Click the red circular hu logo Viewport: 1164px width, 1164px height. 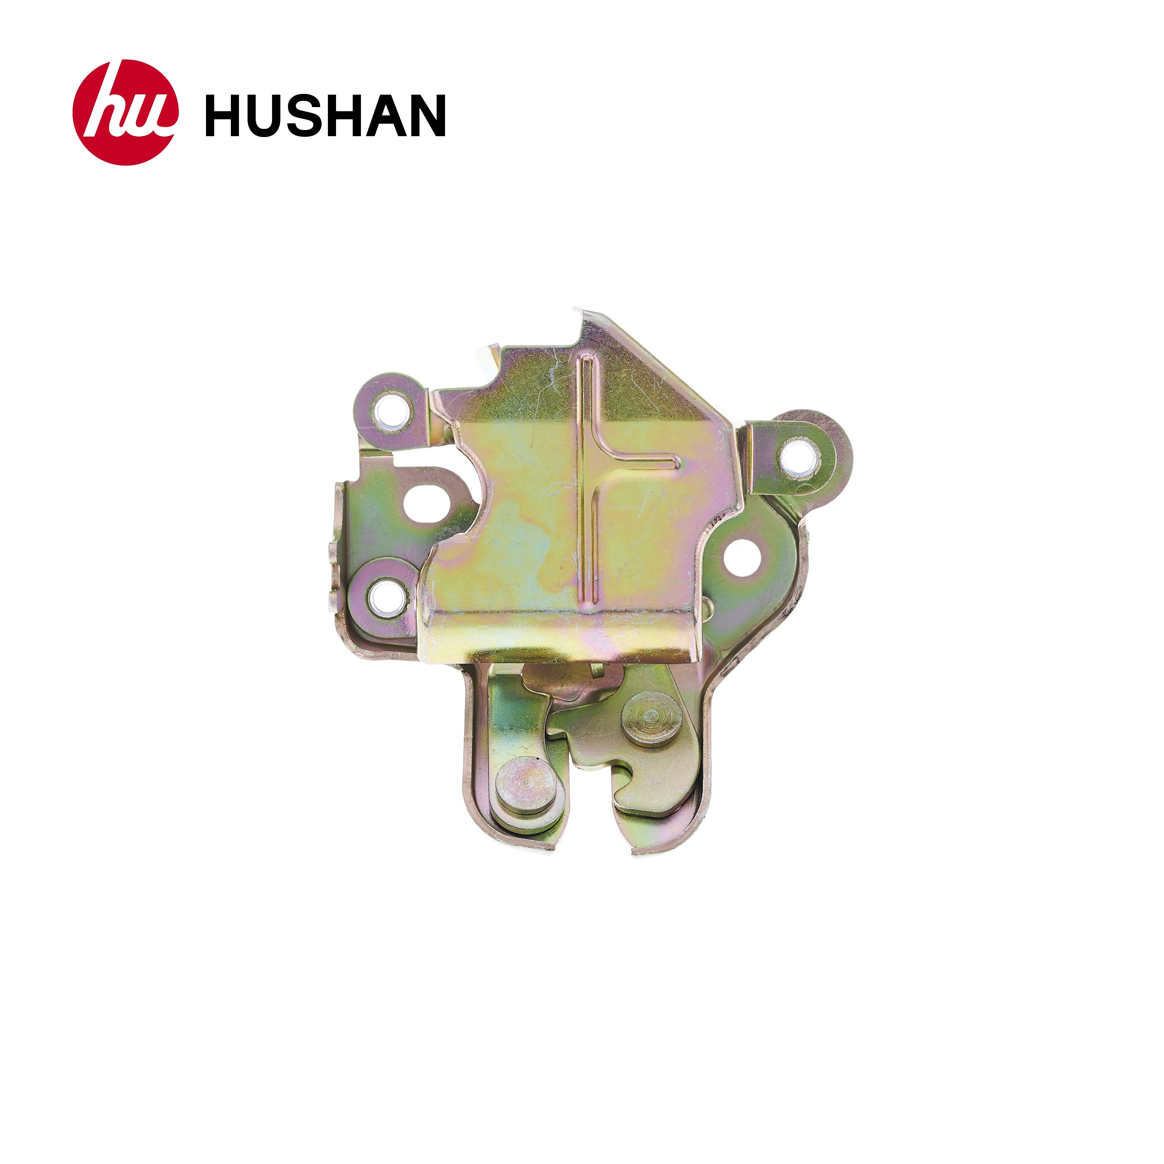125,112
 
